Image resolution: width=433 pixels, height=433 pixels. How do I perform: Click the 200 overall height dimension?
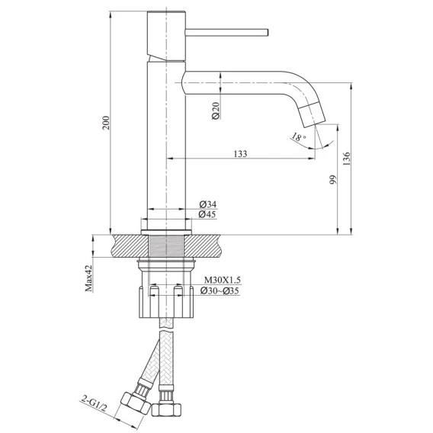tap(106, 123)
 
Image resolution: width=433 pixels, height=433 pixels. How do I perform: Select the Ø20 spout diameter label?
tap(216, 111)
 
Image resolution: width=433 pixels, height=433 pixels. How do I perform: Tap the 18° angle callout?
tap(299, 136)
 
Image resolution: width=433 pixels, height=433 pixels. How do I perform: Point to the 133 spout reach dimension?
tap(241, 154)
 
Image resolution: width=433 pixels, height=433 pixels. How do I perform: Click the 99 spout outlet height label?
tap(333, 179)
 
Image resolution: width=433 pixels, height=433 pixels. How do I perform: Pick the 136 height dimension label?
tap(346, 159)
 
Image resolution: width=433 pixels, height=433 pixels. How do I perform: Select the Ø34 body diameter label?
tap(208, 204)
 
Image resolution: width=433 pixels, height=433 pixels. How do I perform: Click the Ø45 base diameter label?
tap(207, 214)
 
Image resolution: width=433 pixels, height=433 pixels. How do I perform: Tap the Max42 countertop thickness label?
tap(88, 278)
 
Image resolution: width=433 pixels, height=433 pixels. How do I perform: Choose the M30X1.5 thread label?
tap(223, 280)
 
